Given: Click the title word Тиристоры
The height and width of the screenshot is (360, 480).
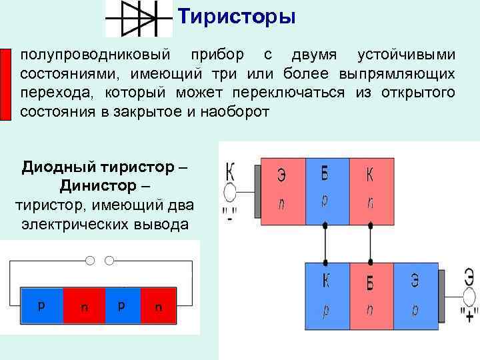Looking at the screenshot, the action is coord(237,16).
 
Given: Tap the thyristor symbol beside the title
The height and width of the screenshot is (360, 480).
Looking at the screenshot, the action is coord(140,19).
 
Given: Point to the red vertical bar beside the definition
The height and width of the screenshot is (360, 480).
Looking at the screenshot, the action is coord(7,83).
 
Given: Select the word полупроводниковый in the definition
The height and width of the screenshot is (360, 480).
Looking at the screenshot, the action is coord(94,54).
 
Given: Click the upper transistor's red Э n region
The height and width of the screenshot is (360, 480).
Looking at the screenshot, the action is coord(282,192).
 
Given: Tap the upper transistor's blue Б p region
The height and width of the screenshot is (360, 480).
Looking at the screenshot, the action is coord(325,192).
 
